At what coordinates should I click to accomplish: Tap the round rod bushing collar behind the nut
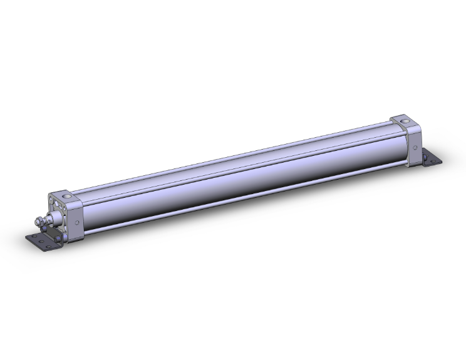point(55,218)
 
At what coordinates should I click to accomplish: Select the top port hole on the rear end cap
point(403,121)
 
